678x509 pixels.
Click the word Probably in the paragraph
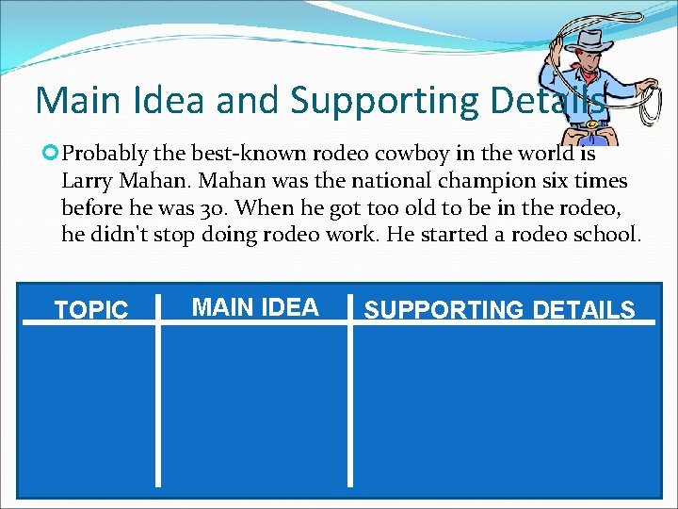pyautogui.click(x=107, y=154)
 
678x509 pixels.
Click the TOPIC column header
pyautogui.click(x=91, y=310)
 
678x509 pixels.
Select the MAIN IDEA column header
pyautogui.click(x=255, y=306)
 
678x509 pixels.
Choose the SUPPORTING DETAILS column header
pyautogui.click(x=500, y=309)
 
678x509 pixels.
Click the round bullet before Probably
pyautogui.click(x=52, y=153)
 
